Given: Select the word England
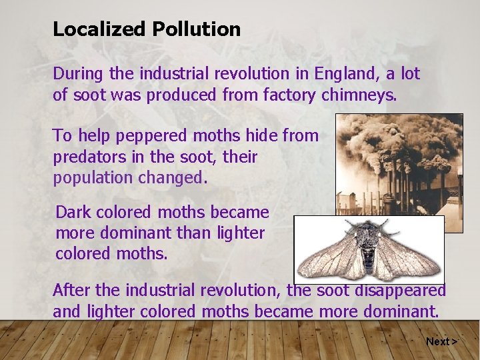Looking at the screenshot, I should (x=347, y=73).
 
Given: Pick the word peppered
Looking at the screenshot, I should (x=152, y=136).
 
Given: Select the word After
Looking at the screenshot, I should (x=71, y=291).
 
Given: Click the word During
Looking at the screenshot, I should (x=78, y=73).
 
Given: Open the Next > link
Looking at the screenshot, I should (x=441, y=341).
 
